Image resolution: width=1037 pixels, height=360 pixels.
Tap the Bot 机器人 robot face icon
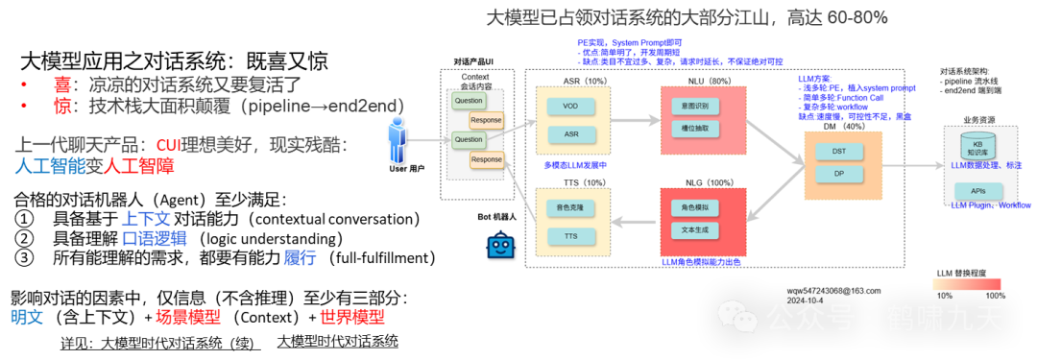[500, 245]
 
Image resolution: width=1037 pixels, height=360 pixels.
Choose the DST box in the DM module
[838, 151]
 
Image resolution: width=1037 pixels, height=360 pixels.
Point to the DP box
[838, 174]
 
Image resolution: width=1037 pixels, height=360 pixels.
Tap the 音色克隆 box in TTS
[570, 206]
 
